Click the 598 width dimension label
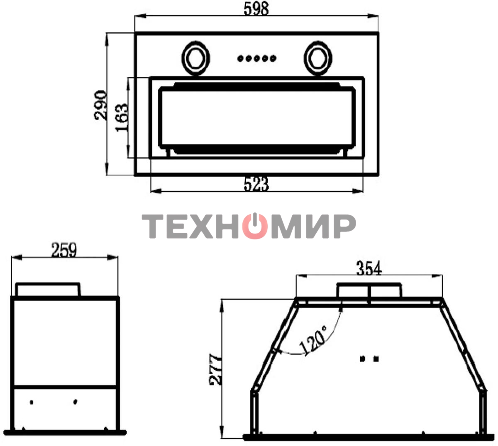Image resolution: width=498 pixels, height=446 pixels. (256, 10)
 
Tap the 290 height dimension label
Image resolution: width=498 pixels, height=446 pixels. (100, 105)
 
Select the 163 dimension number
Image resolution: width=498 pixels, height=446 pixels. (122, 118)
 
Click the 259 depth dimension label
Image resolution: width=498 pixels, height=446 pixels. (64, 250)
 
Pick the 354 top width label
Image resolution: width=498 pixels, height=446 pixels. (369, 268)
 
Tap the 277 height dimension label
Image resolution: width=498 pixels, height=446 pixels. (215, 369)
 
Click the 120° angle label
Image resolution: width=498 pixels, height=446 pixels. (313, 341)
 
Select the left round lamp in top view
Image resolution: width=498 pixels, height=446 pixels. (195, 58)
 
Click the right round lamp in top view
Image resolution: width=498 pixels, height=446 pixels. (318, 58)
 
